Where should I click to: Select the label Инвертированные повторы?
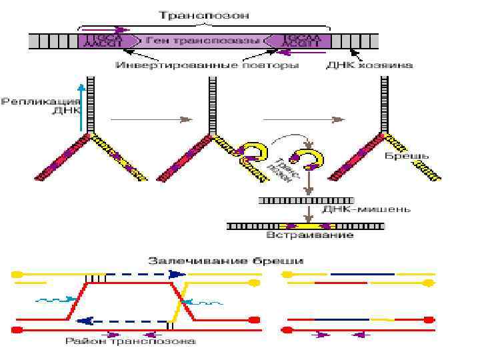point(207,65)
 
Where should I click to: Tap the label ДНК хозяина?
point(369,65)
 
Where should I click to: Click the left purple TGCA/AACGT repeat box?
point(101,41)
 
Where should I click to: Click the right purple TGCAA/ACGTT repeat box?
point(299,41)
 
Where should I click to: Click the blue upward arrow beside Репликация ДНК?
point(81,107)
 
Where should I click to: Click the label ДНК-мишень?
point(366,209)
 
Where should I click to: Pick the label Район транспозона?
point(131,342)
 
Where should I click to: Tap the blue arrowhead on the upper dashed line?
point(176,274)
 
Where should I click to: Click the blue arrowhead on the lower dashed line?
point(83,321)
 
